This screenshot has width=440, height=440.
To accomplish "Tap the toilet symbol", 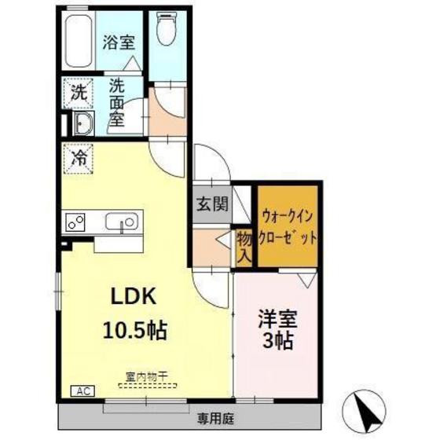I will click(x=166, y=32).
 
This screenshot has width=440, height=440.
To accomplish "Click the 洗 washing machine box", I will click(x=77, y=92).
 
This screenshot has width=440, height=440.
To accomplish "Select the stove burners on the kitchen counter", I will click(x=76, y=222).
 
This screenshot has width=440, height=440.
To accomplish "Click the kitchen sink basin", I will click(x=123, y=222).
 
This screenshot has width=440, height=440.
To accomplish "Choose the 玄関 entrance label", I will click(x=211, y=206).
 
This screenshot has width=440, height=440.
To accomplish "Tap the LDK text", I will click(x=132, y=297).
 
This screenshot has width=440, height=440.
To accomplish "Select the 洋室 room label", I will click(x=277, y=321).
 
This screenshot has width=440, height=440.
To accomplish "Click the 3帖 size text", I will click(x=277, y=343).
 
